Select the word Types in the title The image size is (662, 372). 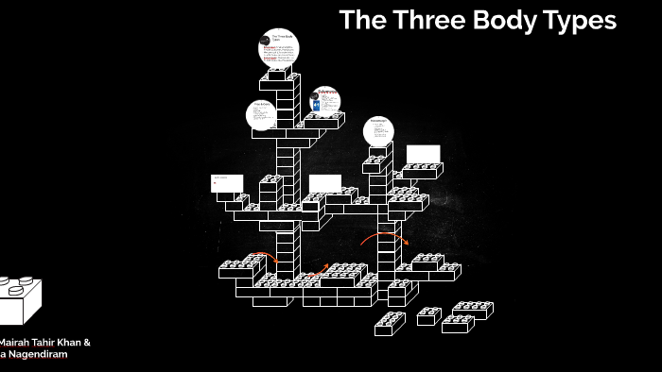pyautogui.click(x=579, y=21)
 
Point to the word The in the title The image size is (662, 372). pyautogui.click(x=360, y=20)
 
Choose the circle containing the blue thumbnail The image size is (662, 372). pyautogui.click(x=324, y=101)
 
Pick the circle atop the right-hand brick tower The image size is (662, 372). pyautogui.click(x=379, y=131)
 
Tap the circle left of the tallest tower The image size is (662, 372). pyautogui.click(x=261, y=114)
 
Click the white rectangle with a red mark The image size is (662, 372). pyautogui.click(x=227, y=183)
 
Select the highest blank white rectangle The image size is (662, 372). pyautogui.click(x=423, y=154)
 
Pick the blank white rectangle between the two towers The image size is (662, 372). pyautogui.click(x=324, y=183)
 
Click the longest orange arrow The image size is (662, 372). pyautogui.click(x=384, y=237)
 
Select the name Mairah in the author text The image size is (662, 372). pyautogui.click(x=17, y=342)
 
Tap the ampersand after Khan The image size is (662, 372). pyautogui.click(x=86, y=342)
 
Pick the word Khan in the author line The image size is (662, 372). pyautogui.click(x=66, y=342)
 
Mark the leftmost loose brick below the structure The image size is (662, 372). pyautogui.click(x=390, y=323)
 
